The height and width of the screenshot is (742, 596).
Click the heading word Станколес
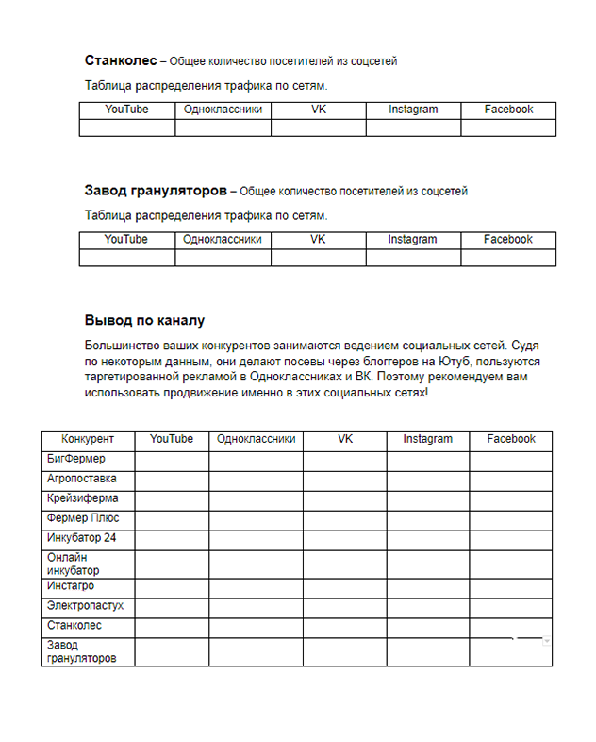(120, 60)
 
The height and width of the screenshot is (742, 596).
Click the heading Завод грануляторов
(156, 191)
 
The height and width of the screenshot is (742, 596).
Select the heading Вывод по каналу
(144, 321)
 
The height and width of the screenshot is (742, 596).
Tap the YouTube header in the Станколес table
(126, 110)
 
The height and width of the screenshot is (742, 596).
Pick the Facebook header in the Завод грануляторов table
(508, 240)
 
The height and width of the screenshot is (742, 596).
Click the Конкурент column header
(88, 440)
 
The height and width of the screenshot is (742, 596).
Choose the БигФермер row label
(76, 460)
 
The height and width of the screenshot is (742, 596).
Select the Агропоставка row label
(82, 480)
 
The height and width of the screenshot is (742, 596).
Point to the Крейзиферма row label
(83, 499)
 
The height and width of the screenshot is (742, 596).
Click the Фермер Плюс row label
(83, 519)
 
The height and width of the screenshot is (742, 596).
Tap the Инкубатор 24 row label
(81, 539)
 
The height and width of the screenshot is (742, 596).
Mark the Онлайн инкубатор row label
(74, 565)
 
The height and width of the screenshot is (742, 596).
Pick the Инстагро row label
(71, 587)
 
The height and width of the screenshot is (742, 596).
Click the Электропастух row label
(86, 607)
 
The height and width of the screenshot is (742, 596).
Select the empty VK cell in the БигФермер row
(344, 461)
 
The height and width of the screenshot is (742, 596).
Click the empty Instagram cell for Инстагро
(427, 587)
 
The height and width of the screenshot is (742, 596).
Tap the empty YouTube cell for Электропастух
(172, 607)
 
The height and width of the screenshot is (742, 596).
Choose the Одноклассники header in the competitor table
(256, 440)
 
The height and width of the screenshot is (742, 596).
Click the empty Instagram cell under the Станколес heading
(413, 127)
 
